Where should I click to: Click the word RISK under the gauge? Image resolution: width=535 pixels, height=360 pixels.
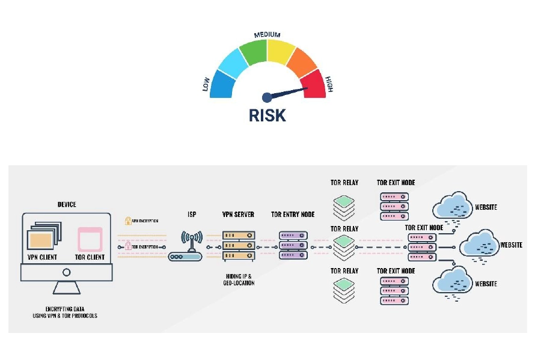click(x=267, y=115)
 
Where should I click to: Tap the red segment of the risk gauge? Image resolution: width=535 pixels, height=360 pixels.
click(x=314, y=82)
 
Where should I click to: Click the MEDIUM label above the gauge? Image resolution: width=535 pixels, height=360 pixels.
click(x=267, y=35)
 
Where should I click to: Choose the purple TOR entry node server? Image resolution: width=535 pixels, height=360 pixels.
click(x=293, y=246)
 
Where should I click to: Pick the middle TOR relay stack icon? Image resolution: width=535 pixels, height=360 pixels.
click(x=344, y=246)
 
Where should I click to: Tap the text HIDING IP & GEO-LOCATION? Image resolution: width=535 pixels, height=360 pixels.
click(x=238, y=279)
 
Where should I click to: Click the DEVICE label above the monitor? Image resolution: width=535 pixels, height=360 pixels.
click(x=67, y=204)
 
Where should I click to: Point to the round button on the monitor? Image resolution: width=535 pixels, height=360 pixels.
click(x=67, y=272)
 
